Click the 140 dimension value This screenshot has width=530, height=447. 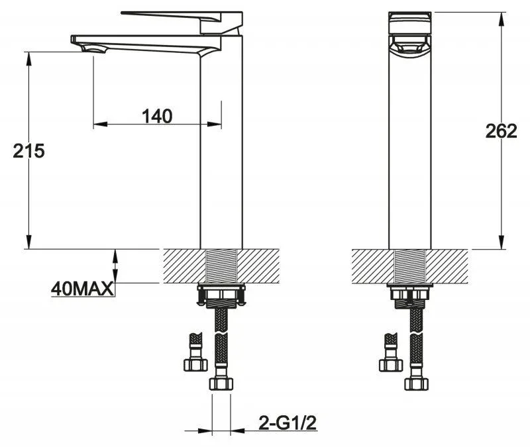(x=157, y=116)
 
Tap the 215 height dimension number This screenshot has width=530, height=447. (x=28, y=151)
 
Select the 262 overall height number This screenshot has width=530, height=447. (x=502, y=131)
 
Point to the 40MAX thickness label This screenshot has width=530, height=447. (x=82, y=289)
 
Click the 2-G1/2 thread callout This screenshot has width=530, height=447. (x=288, y=422)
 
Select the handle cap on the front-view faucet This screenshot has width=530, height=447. (x=410, y=23)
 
